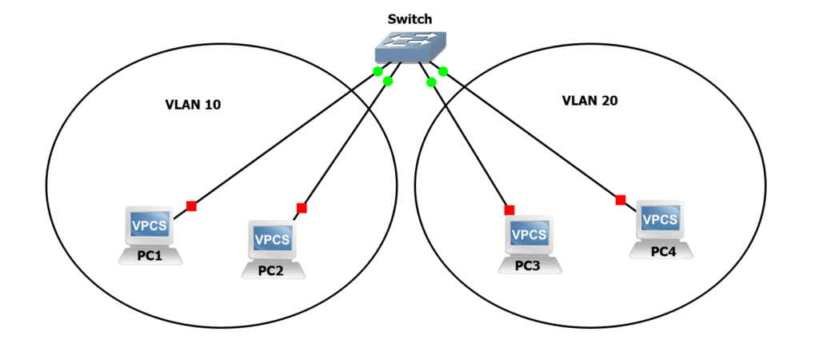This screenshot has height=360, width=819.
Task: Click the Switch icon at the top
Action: point(409,49)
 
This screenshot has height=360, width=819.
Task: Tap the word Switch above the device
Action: point(409,17)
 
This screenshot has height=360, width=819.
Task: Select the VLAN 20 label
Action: point(590,101)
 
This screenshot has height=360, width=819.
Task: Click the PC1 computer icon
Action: point(149,229)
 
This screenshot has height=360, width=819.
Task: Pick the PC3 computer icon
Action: point(529,237)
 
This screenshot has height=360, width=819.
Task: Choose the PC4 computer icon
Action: point(661,223)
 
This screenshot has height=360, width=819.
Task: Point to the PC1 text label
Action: point(149,257)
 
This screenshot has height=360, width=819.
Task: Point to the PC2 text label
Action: point(271,270)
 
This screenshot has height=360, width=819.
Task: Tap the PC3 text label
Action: point(527,266)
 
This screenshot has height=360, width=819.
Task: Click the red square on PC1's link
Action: point(191,206)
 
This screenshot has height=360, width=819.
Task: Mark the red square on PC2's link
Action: point(302,208)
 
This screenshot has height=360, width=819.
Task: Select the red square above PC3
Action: point(509,210)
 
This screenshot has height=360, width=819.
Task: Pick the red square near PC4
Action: point(620,200)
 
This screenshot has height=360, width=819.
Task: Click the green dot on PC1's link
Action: point(378,72)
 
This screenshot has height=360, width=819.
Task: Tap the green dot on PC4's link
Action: point(443,72)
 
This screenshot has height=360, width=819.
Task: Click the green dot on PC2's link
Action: point(389,81)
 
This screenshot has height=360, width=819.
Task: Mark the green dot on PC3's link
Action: point(431,82)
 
